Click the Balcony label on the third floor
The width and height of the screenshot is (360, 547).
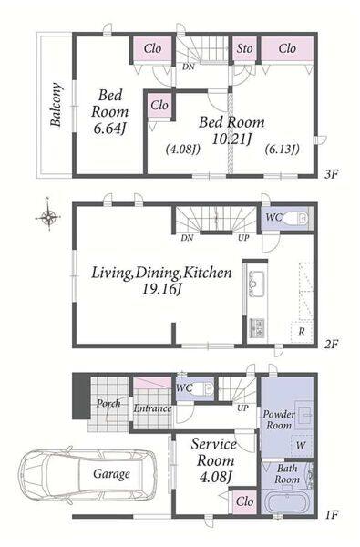coord(56,104)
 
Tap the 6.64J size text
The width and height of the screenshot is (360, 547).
coord(109,129)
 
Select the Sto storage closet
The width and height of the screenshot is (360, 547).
coord(244,48)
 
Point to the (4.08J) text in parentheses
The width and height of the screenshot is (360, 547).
coord(182,150)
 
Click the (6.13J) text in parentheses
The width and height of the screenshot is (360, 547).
coord(282,150)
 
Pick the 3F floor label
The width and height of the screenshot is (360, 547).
coord(331,174)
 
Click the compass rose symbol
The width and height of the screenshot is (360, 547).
coord(48,218)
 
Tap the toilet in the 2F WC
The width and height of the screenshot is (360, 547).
coord(295,219)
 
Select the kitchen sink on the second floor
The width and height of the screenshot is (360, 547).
coord(256,284)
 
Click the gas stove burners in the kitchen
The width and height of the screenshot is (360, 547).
coord(257,328)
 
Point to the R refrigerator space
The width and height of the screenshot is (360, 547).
coord(302,332)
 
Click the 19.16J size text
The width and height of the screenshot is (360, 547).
coord(161,289)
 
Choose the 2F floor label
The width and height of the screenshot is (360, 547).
coord(331,345)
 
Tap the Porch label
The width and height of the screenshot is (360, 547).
coord(108,404)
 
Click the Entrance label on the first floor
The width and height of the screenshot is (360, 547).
coord(152,408)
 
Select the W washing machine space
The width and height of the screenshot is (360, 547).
coord(301,446)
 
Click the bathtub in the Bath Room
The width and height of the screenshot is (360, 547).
coord(287,501)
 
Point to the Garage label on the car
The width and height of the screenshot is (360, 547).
coord(111,474)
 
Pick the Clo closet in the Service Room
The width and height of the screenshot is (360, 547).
coord(245,501)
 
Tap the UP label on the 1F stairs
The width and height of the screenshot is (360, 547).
coord(242,408)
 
